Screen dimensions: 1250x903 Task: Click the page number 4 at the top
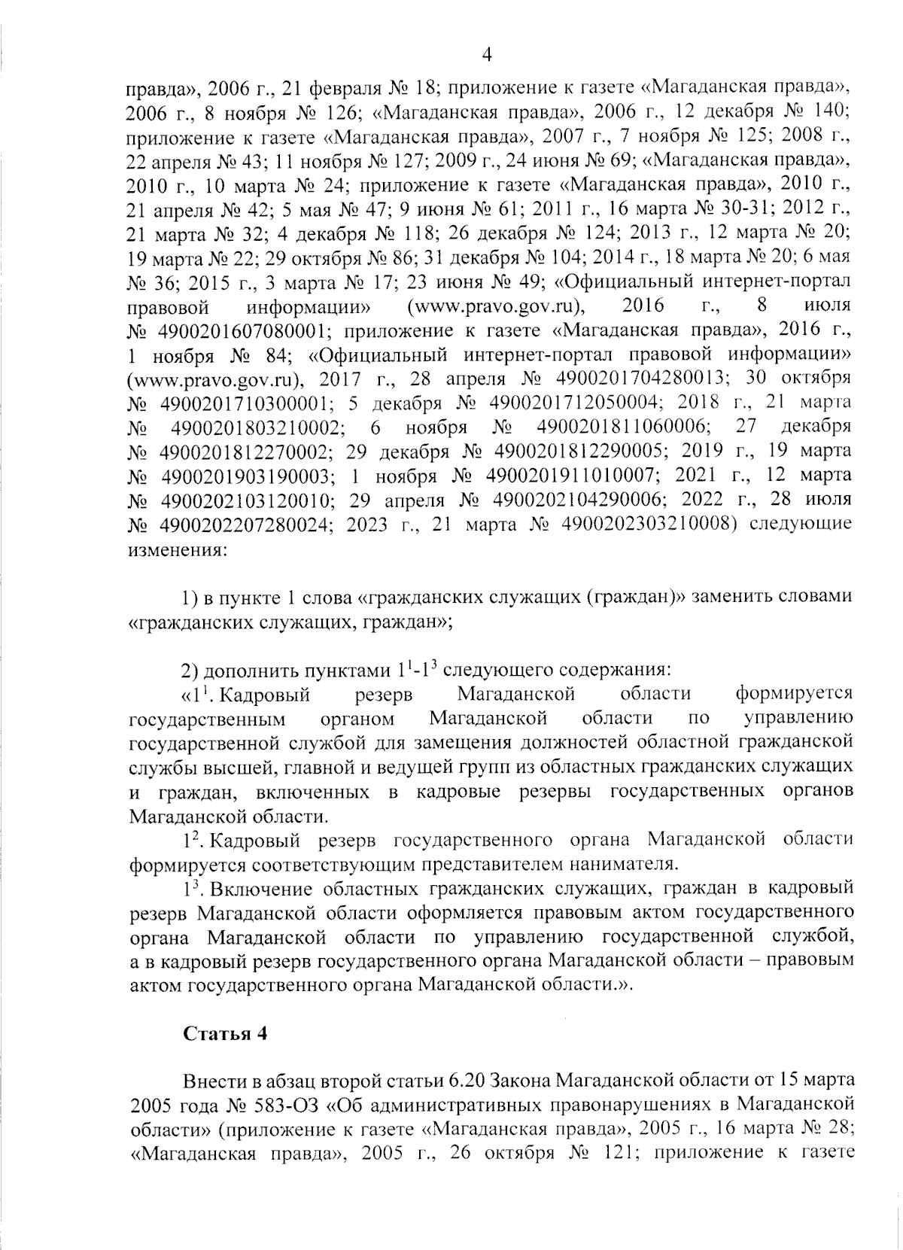click(487, 54)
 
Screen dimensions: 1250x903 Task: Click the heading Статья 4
click(226, 1033)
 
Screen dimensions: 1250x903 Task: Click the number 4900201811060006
click(624, 427)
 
